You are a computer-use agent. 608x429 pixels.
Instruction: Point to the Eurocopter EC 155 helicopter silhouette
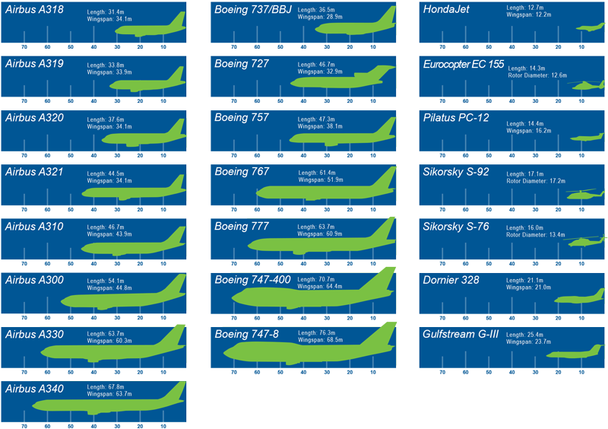[x=585, y=85]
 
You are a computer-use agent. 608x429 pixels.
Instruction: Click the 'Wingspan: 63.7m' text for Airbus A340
[x=110, y=395]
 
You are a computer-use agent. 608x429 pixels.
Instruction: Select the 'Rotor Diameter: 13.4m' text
[x=535, y=235]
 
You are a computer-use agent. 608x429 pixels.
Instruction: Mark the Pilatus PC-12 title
[x=456, y=118]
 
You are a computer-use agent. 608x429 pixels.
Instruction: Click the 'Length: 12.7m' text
[x=527, y=8]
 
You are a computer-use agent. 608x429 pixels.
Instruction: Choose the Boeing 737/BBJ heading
[x=253, y=10]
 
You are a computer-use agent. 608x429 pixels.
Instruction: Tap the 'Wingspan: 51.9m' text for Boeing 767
[x=320, y=180]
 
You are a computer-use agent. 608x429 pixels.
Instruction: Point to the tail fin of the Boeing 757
[x=388, y=124]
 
